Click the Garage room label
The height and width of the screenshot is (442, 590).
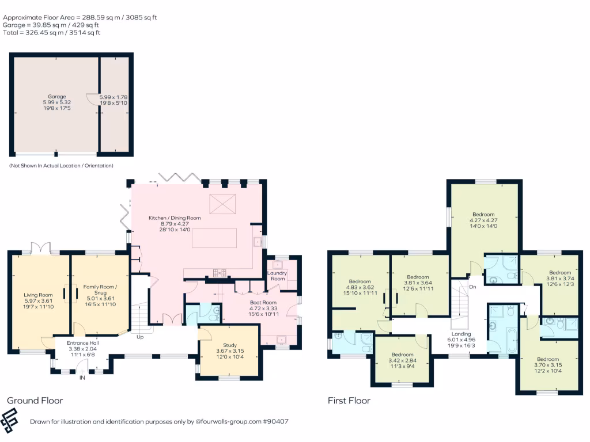pyautogui.click(x=56, y=97)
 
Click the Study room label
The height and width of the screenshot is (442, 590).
pyautogui.click(x=229, y=345)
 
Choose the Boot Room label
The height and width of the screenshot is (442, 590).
pyautogui.click(x=263, y=302)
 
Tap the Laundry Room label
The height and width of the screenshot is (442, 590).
pyautogui.click(x=278, y=275)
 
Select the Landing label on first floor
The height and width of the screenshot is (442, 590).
pyautogui.click(x=462, y=334)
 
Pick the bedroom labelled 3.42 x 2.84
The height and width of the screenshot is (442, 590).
pyautogui.click(x=402, y=355)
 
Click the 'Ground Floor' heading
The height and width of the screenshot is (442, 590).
pyautogui.click(x=35, y=401)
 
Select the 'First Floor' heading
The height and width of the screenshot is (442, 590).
pyautogui.click(x=349, y=401)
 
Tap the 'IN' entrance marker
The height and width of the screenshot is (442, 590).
pyautogui.click(x=82, y=378)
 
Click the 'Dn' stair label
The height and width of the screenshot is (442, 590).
pyautogui.click(x=472, y=287)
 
